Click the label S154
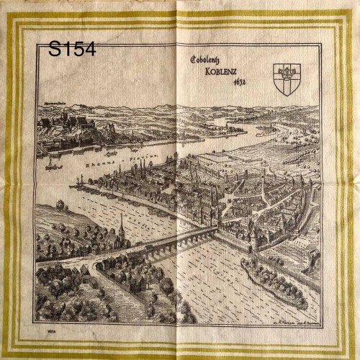72,49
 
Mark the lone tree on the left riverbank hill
59,205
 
